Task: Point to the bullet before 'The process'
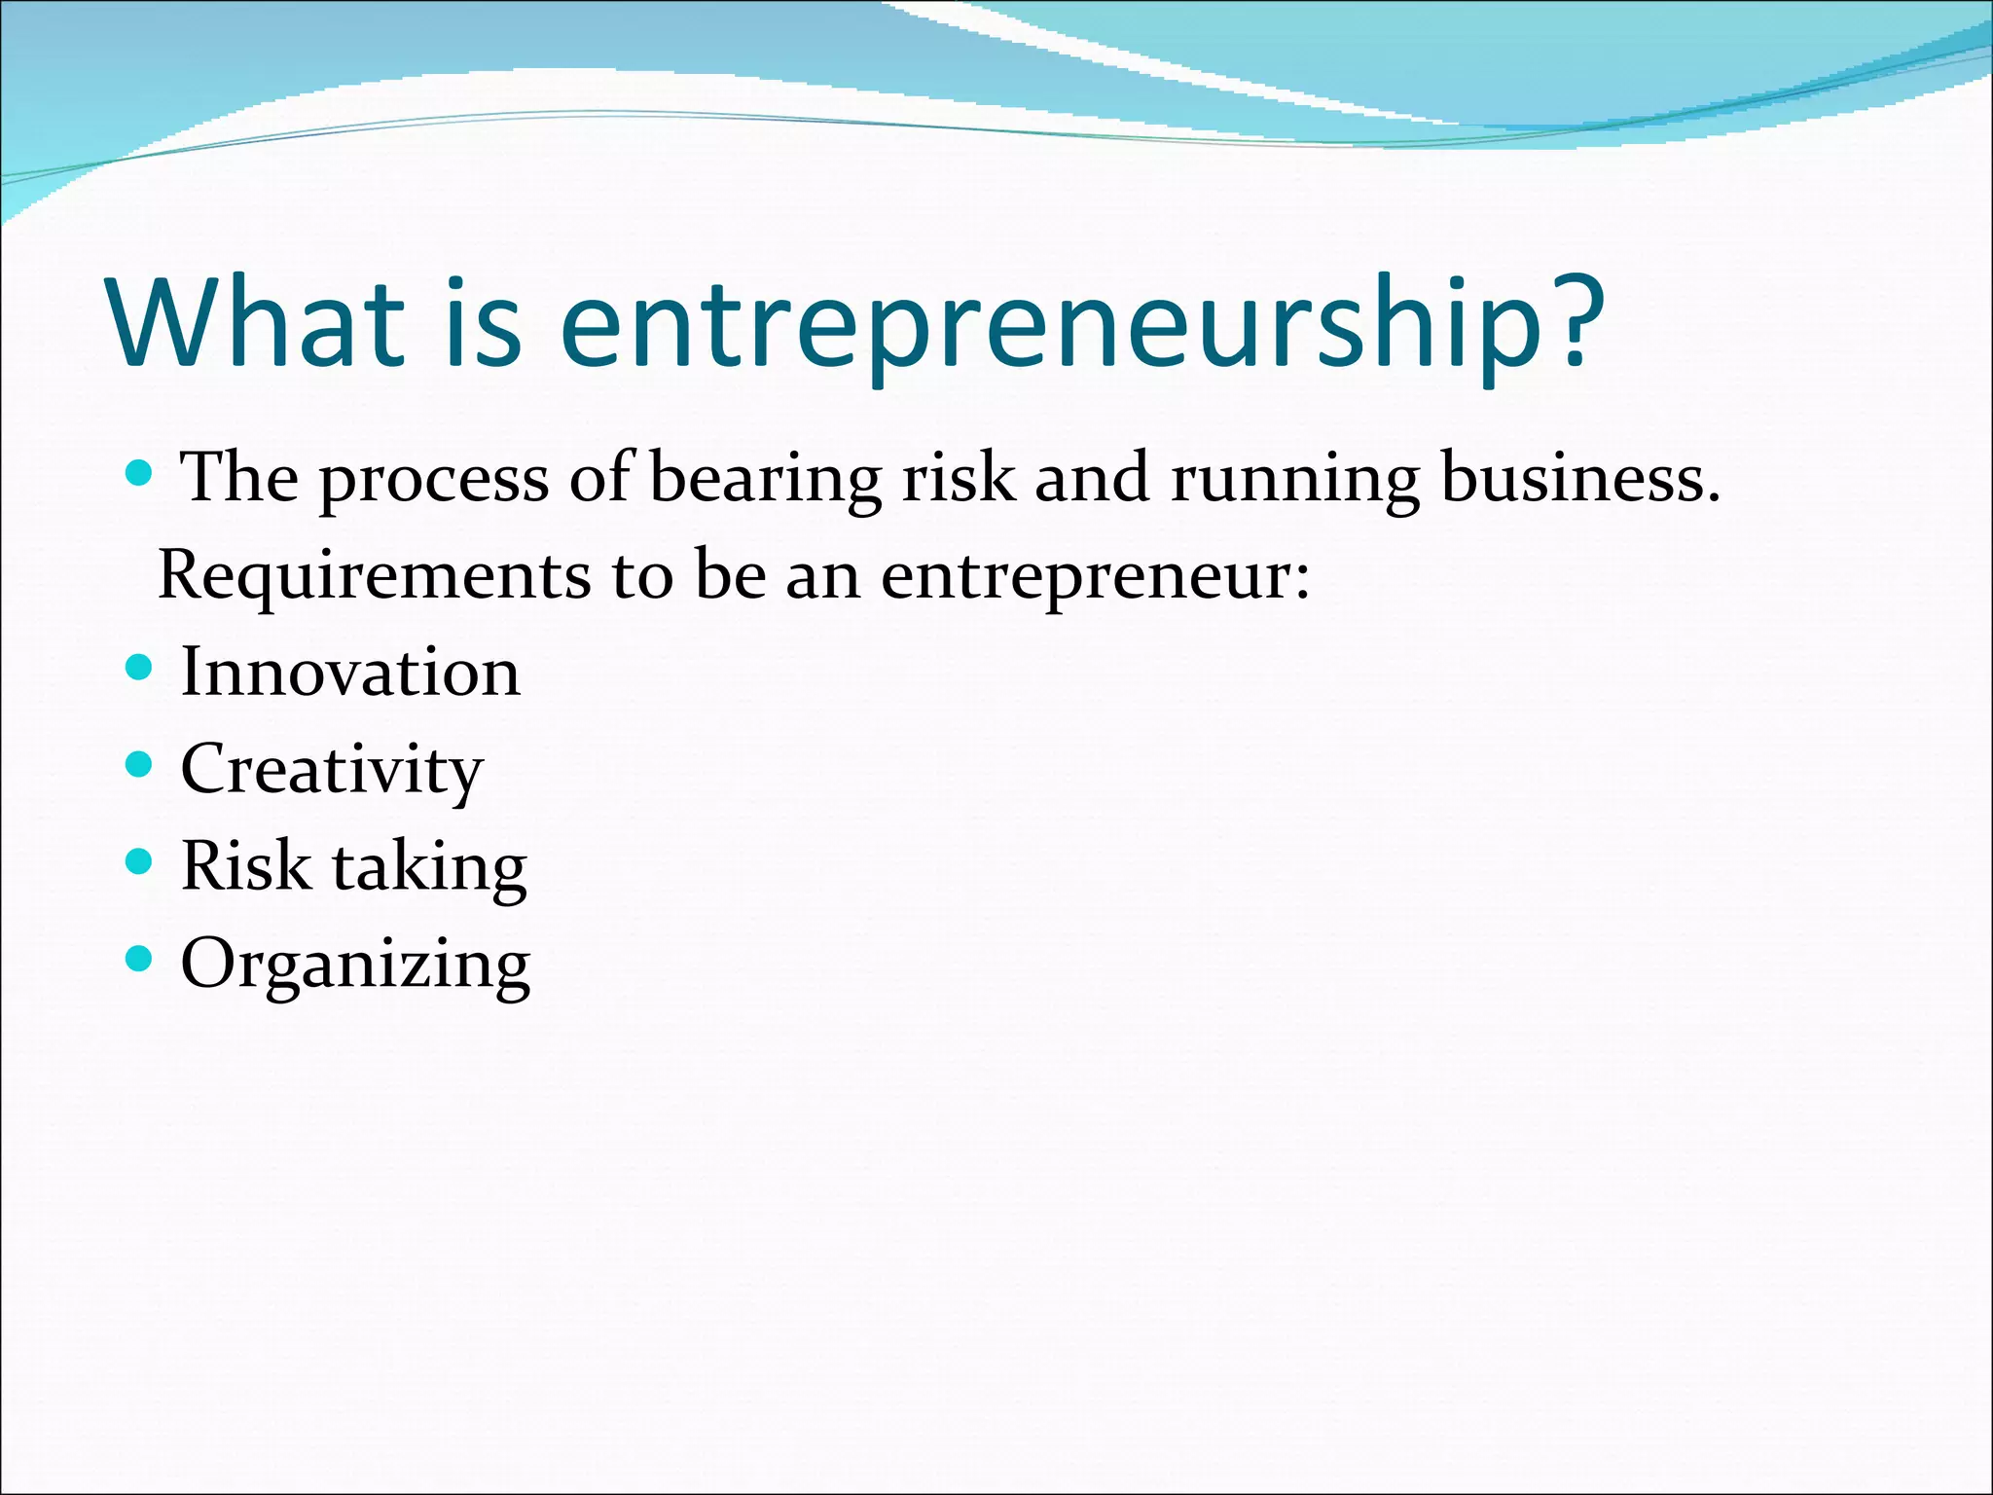(140, 474)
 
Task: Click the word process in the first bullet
(433, 480)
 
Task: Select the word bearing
(765, 480)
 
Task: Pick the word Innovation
(350, 672)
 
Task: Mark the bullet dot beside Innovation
(140, 668)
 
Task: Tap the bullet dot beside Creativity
(140, 765)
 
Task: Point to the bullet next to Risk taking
(140, 862)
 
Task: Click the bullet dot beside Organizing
(140, 960)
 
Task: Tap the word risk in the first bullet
(958, 478)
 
